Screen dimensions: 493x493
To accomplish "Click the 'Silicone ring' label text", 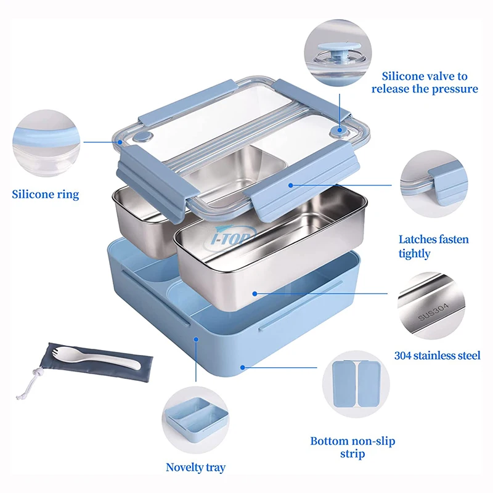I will [x=46, y=195].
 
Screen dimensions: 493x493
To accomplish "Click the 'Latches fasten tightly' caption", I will [x=433, y=246].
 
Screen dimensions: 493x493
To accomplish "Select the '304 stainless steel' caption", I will [x=437, y=355].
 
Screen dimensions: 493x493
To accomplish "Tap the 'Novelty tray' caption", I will [x=195, y=467].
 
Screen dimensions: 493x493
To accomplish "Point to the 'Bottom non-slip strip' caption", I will [x=352, y=447].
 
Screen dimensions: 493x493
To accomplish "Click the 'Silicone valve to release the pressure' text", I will [x=425, y=83].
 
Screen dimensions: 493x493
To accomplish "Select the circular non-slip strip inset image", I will [x=354, y=385].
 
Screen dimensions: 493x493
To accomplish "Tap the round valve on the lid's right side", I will [x=338, y=130].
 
